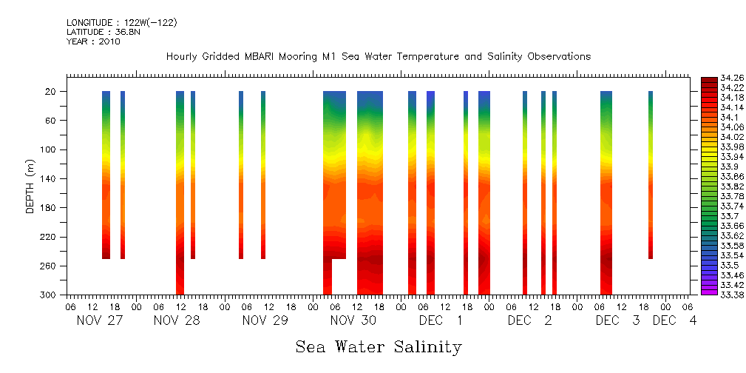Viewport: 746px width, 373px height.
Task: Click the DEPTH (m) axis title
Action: [x=30, y=186]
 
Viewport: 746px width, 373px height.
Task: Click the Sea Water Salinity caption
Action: [x=379, y=346]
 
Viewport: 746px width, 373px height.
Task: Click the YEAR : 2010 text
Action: [x=93, y=41]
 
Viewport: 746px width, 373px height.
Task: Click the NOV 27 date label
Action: [x=101, y=320]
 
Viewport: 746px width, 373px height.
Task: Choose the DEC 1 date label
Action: [x=441, y=320]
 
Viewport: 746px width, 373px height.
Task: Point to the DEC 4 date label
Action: [x=674, y=320]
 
